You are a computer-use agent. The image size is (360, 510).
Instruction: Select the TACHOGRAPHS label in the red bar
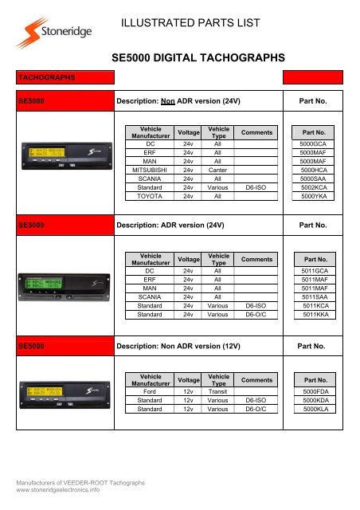(48, 78)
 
